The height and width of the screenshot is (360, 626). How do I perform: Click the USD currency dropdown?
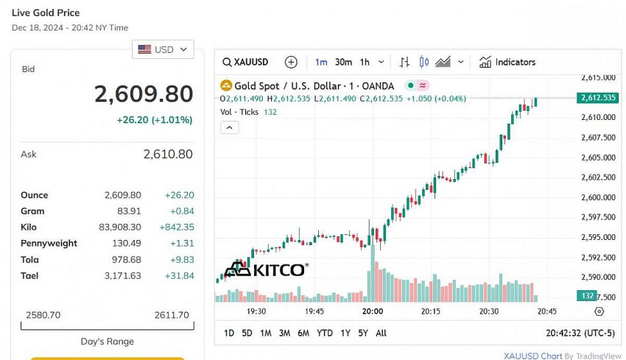[163, 49]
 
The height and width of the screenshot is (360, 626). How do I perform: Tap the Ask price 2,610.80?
[168, 154]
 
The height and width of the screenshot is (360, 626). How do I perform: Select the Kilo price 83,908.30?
[119, 227]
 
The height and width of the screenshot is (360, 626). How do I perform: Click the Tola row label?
[30, 260]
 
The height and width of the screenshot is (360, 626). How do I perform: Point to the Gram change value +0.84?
[181, 211]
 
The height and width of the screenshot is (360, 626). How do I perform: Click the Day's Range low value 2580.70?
[43, 315]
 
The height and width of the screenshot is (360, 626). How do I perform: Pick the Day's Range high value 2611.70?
[172, 315]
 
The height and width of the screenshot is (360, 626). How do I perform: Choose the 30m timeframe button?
[343, 62]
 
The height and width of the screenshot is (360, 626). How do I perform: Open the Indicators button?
[507, 62]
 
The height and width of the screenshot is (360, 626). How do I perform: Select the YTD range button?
[324, 333]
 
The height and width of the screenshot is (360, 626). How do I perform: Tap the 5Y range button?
[362, 333]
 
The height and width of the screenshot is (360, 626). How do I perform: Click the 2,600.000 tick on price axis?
[598, 197]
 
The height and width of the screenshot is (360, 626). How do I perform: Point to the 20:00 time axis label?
[373, 311]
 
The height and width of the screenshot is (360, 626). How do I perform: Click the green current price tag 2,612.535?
[598, 98]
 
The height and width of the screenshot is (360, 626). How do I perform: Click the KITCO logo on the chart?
[265, 269]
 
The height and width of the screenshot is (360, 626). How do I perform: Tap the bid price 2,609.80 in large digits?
[144, 94]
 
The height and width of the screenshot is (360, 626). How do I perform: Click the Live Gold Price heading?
[46, 13]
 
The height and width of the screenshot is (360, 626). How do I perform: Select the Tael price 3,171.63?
[123, 276]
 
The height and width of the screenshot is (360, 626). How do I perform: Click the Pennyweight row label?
[49, 244]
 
